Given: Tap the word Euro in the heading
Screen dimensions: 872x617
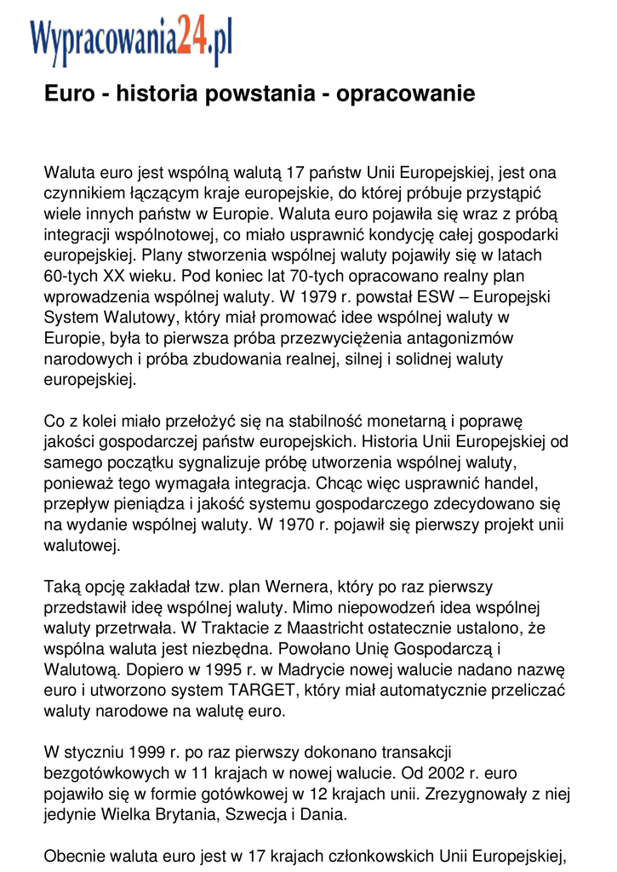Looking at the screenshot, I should click(71, 94).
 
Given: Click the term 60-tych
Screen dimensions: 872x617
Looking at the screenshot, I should click(71, 277).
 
